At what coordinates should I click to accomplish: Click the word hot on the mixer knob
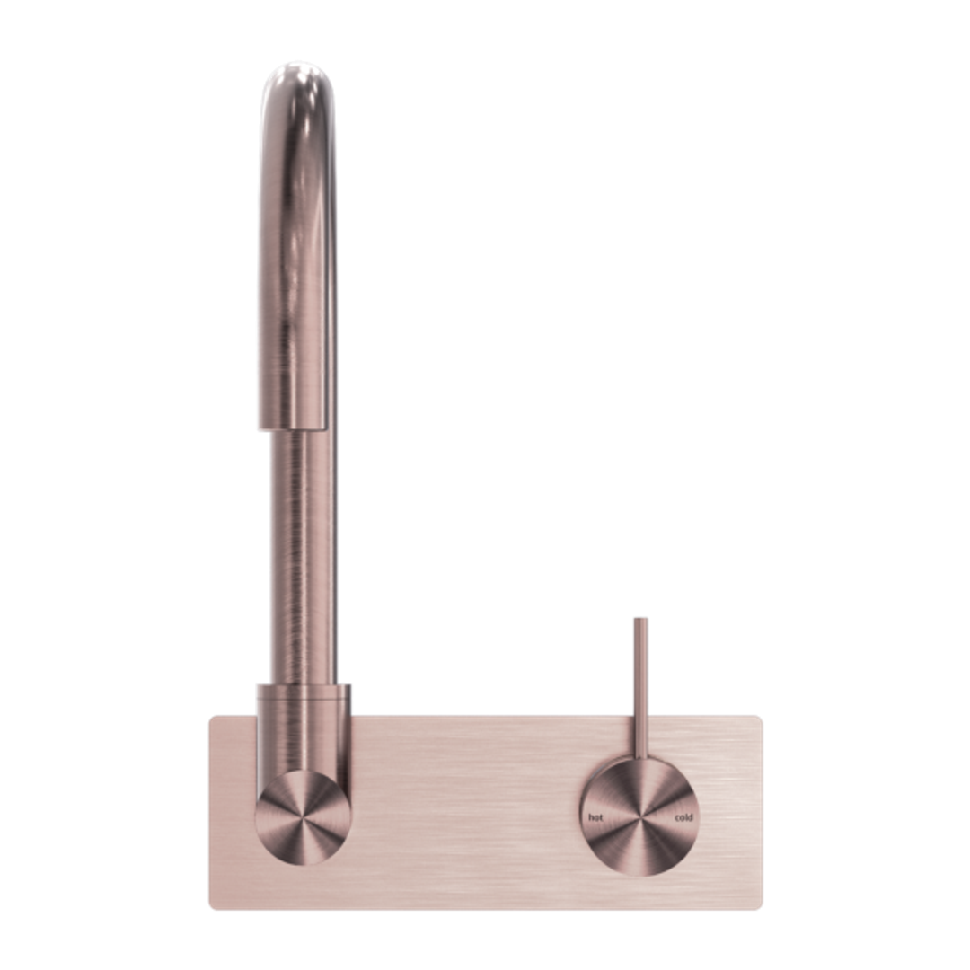tap(595, 817)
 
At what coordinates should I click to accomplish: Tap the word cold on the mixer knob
tap(683, 817)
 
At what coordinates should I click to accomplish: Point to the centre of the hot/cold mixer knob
tap(639, 817)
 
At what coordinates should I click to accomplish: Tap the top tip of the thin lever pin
tap(639, 619)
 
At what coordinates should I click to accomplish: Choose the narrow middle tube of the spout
tap(300, 557)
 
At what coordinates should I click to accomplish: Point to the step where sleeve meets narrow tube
tap(300, 429)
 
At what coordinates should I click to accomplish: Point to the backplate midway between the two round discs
tap(467, 817)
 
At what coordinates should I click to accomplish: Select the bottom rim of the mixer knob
tap(639, 874)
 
